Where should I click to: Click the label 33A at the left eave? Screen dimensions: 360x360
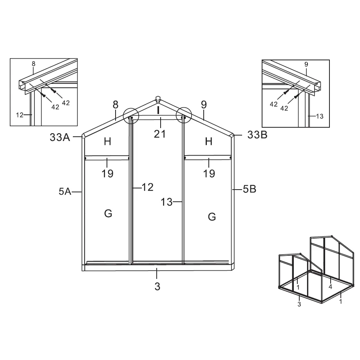click(x=60, y=137)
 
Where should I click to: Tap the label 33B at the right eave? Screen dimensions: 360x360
click(x=257, y=135)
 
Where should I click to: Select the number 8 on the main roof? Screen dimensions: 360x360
click(x=116, y=105)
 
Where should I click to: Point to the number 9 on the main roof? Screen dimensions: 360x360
click(x=204, y=105)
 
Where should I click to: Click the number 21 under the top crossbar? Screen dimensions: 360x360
click(x=160, y=134)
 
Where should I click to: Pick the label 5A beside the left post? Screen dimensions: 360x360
click(x=65, y=192)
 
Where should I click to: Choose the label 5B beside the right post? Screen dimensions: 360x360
click(x=250, y=189)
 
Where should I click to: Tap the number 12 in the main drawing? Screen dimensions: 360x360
click(x=148, y=187)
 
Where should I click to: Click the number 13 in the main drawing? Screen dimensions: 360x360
click(x=166, y=202)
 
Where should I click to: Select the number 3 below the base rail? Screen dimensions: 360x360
click(x=157, y=286)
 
